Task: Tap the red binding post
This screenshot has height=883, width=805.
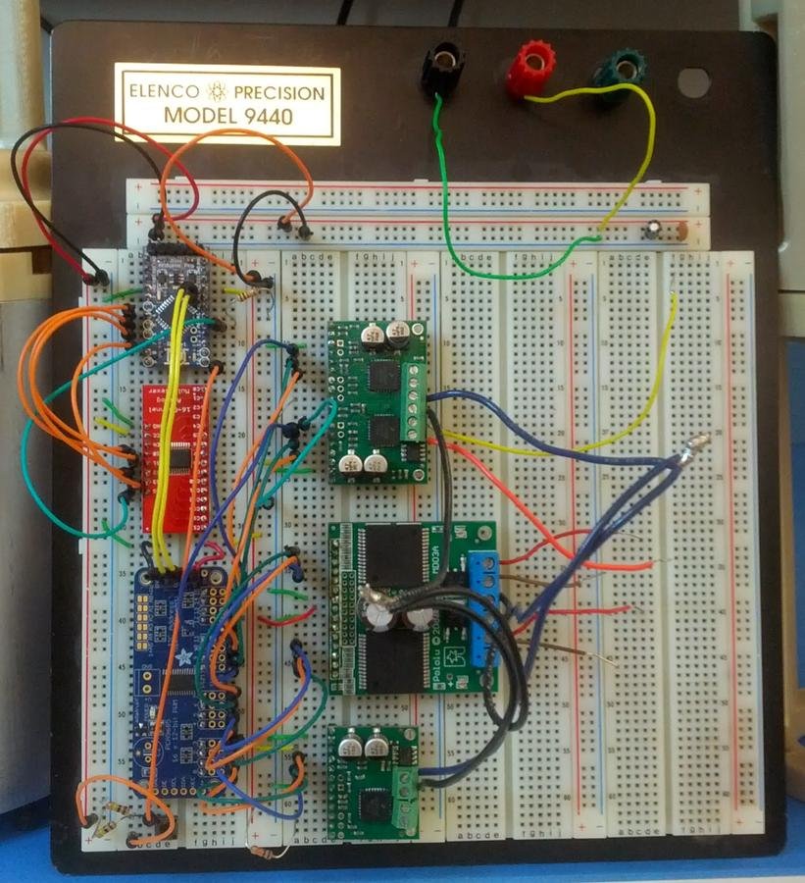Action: coord(530,67)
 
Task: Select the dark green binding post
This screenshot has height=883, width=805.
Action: coord(619,71)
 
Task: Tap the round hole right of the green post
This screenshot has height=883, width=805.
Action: coord(693,82)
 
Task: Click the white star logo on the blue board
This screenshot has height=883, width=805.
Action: coord(183,659)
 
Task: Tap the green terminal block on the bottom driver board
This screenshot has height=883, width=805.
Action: coord(402,790)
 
